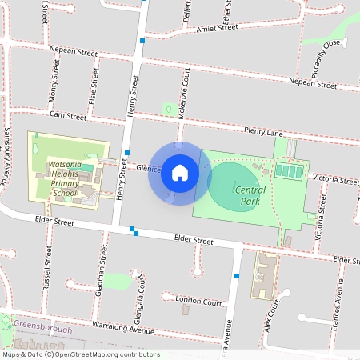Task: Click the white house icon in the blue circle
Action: point(180,172)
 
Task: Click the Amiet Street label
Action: point(217,28)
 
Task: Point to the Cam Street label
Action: point(67,116)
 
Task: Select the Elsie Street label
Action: point(95,85)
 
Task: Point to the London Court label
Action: point(198,302)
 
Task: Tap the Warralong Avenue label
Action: point(122,330)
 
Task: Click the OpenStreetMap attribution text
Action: point(80,354)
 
